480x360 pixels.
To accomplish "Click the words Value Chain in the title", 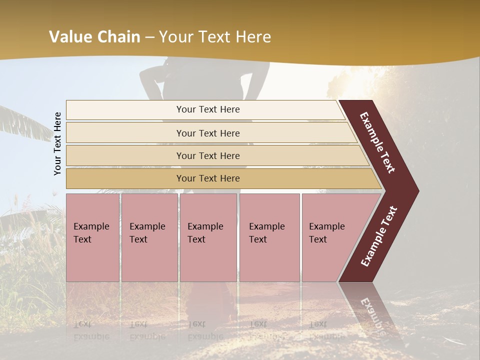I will (x=94, y=37).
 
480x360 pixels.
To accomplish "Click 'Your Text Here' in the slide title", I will (x=215, y=37).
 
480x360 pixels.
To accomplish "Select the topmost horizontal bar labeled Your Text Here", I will (x=207, y=109).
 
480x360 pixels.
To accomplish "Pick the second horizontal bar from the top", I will (x=207, y=133).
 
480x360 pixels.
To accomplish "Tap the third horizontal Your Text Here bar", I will (x=207, y=155).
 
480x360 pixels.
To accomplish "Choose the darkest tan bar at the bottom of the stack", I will (x=207, y=178).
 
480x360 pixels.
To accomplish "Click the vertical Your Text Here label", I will (x=57, y=143).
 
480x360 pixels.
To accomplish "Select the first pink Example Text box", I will (x=92, y=237).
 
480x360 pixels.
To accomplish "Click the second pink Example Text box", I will (x=149, y=237).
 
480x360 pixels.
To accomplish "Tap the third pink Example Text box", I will (x=207, y=237).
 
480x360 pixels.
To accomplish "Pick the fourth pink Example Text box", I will (x=269, y=237).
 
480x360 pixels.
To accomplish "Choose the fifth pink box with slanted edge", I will (x=330, y=237).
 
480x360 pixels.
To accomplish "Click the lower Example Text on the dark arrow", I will (x=379, y=236).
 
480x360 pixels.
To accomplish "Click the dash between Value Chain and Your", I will (x=149, y=37).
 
